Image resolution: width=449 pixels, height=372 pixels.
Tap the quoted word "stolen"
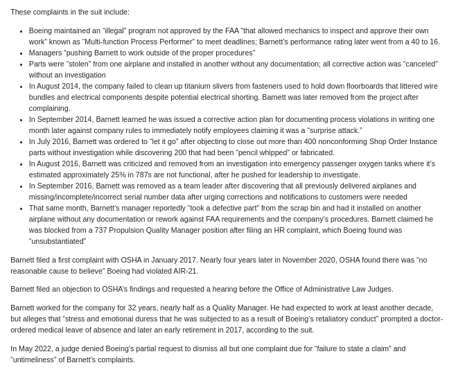(88, 64)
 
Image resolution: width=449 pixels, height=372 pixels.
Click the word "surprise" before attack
(324, 130)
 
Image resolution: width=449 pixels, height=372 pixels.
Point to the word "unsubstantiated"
(58, 241)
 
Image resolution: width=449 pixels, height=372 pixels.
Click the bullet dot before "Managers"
(21, 53)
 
